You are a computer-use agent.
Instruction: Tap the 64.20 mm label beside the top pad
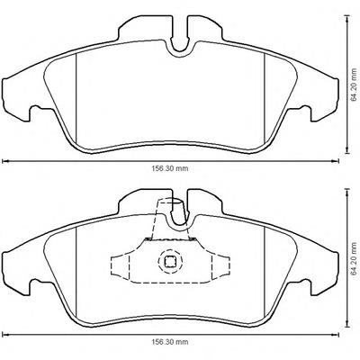[355, 85]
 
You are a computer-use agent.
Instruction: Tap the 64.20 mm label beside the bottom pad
[355, 257]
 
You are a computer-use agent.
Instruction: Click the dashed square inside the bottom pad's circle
[170, 262]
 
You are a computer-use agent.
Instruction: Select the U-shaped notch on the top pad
[180, 45]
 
